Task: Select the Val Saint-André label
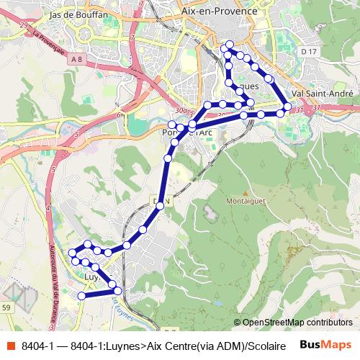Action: click(x=322, y=94)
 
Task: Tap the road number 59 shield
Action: click(x=6, y=307)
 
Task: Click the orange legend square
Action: click(x=9, y=346)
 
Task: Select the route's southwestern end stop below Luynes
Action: click(x=81, y=295)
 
